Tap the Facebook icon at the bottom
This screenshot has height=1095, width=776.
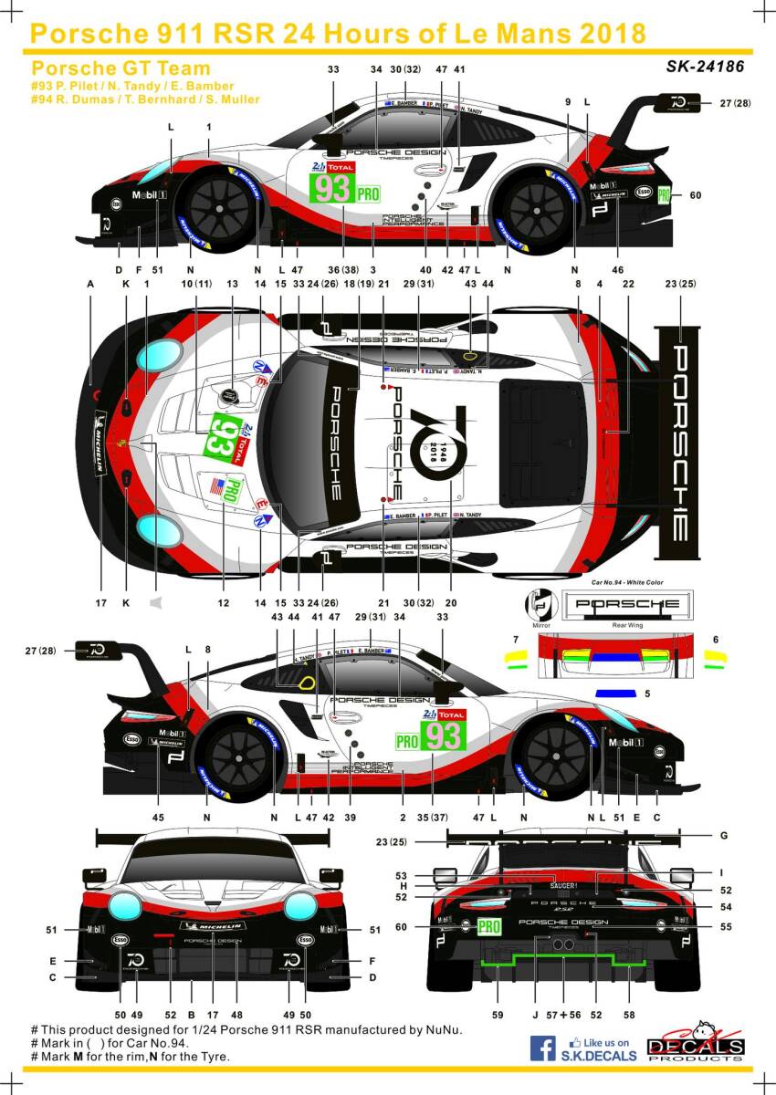544,1048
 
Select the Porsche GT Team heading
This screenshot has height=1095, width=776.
121,68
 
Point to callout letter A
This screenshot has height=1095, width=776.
90,285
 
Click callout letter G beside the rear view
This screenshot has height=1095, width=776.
722,835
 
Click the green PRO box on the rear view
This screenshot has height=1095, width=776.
489,927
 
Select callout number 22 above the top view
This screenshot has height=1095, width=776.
628,285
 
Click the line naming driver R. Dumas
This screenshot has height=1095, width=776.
145,99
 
